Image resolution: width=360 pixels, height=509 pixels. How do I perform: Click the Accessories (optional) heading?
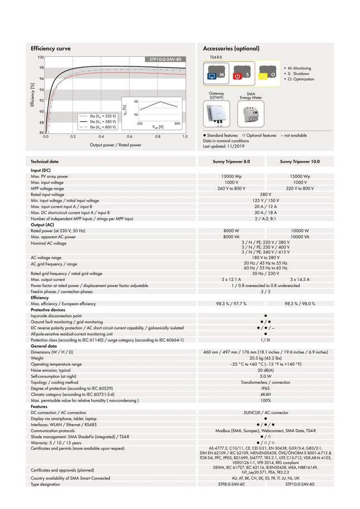point(229,49)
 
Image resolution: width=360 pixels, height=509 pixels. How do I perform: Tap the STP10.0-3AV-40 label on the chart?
point(165,59)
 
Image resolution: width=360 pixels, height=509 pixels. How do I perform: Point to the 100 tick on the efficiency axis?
point(40,57)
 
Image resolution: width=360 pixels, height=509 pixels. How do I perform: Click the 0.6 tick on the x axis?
point(129,136)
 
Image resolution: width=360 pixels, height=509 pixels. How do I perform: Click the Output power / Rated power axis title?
point(116,145)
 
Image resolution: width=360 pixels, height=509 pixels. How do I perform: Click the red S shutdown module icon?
point(241,74)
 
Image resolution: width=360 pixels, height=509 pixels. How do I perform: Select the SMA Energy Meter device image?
point(251,114)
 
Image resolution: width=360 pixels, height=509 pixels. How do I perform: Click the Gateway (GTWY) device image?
point(217,115)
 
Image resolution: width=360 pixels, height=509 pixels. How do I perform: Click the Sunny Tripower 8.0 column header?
point(232,161)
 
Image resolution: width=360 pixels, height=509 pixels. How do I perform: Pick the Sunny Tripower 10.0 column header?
point(300,161)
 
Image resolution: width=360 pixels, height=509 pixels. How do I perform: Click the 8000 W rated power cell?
point(231,231)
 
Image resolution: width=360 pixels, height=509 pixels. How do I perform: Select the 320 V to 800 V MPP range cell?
point(300,188)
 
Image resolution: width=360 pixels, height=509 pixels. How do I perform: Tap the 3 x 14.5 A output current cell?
point(300,279)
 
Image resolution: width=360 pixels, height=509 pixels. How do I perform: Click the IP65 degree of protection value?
point(265,388)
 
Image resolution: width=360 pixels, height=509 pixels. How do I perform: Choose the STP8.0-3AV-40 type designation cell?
point(231,484)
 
